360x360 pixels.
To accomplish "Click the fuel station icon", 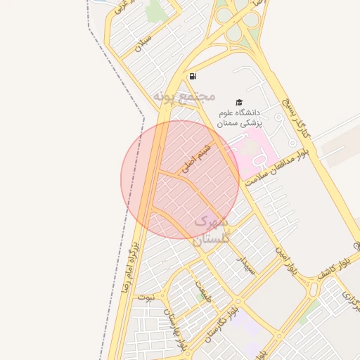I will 193,76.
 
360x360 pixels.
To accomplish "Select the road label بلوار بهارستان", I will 174,326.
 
